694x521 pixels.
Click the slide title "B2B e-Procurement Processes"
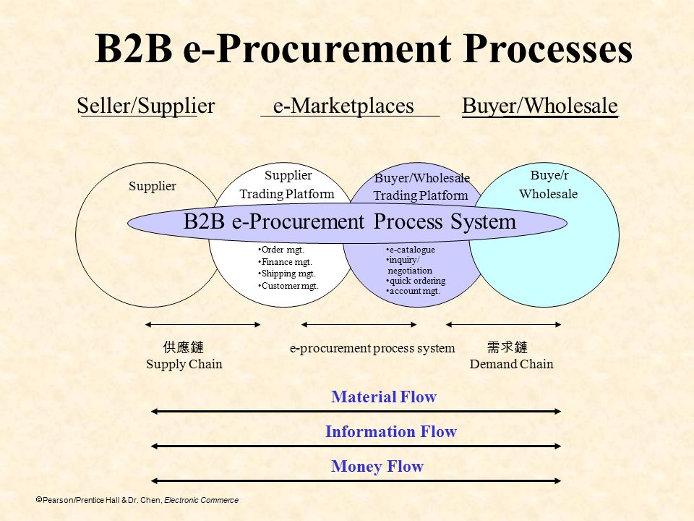point(364,48)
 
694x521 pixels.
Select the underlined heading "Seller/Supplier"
point(145,106)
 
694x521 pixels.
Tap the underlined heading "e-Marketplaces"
point(344,106)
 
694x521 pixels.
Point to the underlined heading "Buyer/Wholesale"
point(540,106)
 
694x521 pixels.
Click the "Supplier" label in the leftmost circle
point(153,186)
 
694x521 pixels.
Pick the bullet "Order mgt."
point(281,250)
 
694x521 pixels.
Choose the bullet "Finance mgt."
point(285,262)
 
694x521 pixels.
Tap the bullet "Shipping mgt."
point(287,274)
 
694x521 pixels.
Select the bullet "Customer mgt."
point(288,286)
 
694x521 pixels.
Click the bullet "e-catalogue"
point(411,250)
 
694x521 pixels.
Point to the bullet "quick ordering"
point(416,281)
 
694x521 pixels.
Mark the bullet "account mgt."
point(414,291)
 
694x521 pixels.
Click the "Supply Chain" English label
point(184,364)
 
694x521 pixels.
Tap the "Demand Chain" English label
point(511,364)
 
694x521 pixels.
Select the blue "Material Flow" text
point(384,397)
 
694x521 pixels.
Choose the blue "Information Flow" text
point(391,431)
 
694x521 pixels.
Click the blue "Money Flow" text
point(377,466)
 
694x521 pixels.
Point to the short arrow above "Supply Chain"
point(202,325)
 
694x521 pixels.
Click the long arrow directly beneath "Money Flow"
point(356,480)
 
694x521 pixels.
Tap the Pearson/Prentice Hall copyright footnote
point(137,500)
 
